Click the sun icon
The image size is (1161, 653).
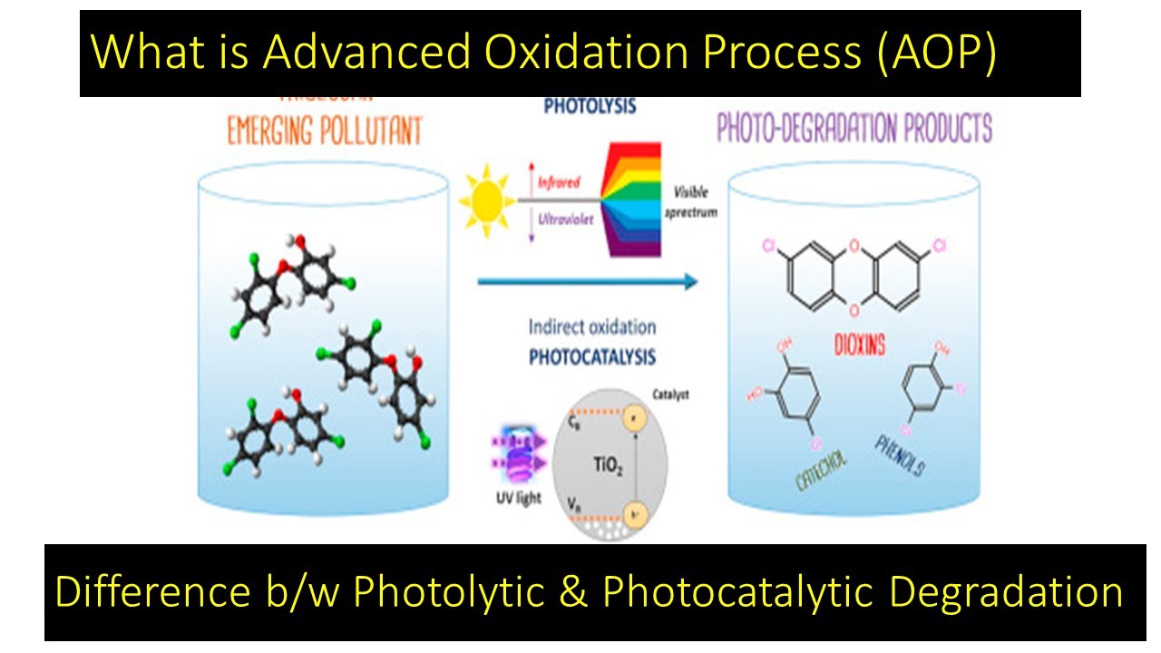[489, 199]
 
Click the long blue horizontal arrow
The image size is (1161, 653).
[588, 282]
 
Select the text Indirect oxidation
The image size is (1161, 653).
[591, 326]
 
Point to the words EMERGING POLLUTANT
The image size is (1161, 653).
[325, 132]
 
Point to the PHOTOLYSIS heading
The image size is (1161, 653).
[590, 106]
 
